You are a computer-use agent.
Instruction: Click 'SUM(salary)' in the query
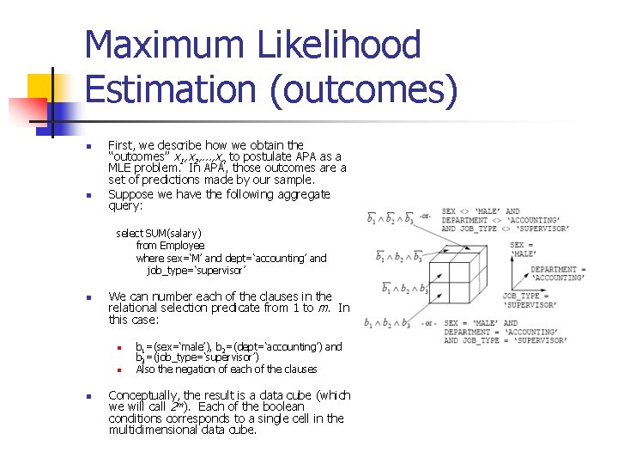pyautogui.click(x=174, y=233)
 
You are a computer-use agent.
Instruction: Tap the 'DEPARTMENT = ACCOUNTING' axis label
pyautogui.click(x=559, y=273)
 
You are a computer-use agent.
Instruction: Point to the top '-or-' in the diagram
pyautogui.click(x=425, y=216)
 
